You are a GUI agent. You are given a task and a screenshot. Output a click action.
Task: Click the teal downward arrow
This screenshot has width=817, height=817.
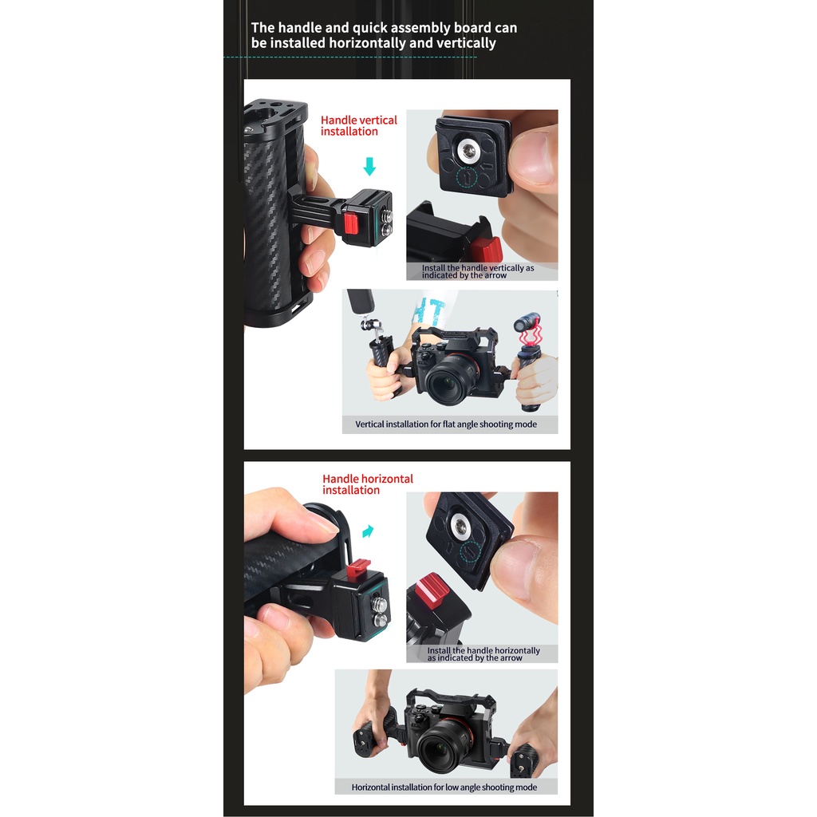[369, 166]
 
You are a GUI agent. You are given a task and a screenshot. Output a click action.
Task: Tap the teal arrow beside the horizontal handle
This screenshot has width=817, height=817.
[368, 531]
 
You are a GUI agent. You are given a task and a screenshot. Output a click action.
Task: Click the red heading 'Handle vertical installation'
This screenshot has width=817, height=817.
[358, 125]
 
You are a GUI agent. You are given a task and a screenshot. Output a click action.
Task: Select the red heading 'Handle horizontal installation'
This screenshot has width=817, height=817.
[367, 484]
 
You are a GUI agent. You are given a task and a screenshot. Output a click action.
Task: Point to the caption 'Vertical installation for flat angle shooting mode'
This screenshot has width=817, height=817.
[446, 424]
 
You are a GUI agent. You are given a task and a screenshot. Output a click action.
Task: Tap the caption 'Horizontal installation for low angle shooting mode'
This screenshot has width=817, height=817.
[444, 787]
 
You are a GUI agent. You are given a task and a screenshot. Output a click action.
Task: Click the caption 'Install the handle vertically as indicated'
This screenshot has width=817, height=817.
[478, 271]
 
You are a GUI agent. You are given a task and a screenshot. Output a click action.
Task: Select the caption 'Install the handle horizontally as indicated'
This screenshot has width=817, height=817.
[483, 654]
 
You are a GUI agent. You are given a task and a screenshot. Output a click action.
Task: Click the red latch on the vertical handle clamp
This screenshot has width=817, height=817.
[351, 224]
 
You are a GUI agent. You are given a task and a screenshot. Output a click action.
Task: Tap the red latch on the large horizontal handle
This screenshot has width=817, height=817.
[358, 567]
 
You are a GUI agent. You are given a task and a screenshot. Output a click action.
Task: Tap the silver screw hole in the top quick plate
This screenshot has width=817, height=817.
[466, 151]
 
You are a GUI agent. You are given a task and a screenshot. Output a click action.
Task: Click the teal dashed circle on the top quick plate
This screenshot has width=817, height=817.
[467, 178]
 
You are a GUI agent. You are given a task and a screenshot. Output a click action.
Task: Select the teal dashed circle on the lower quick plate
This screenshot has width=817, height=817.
[470, 552]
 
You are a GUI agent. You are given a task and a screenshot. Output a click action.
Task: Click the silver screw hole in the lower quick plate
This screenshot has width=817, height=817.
[460, 525]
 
